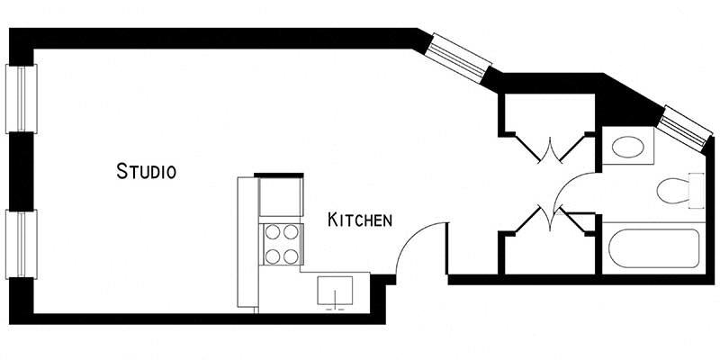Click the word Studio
pos(145,170)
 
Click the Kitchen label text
pos(359,220)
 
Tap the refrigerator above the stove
pos(278,197)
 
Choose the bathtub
pos(650,247)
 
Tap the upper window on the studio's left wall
pos(22,99)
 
